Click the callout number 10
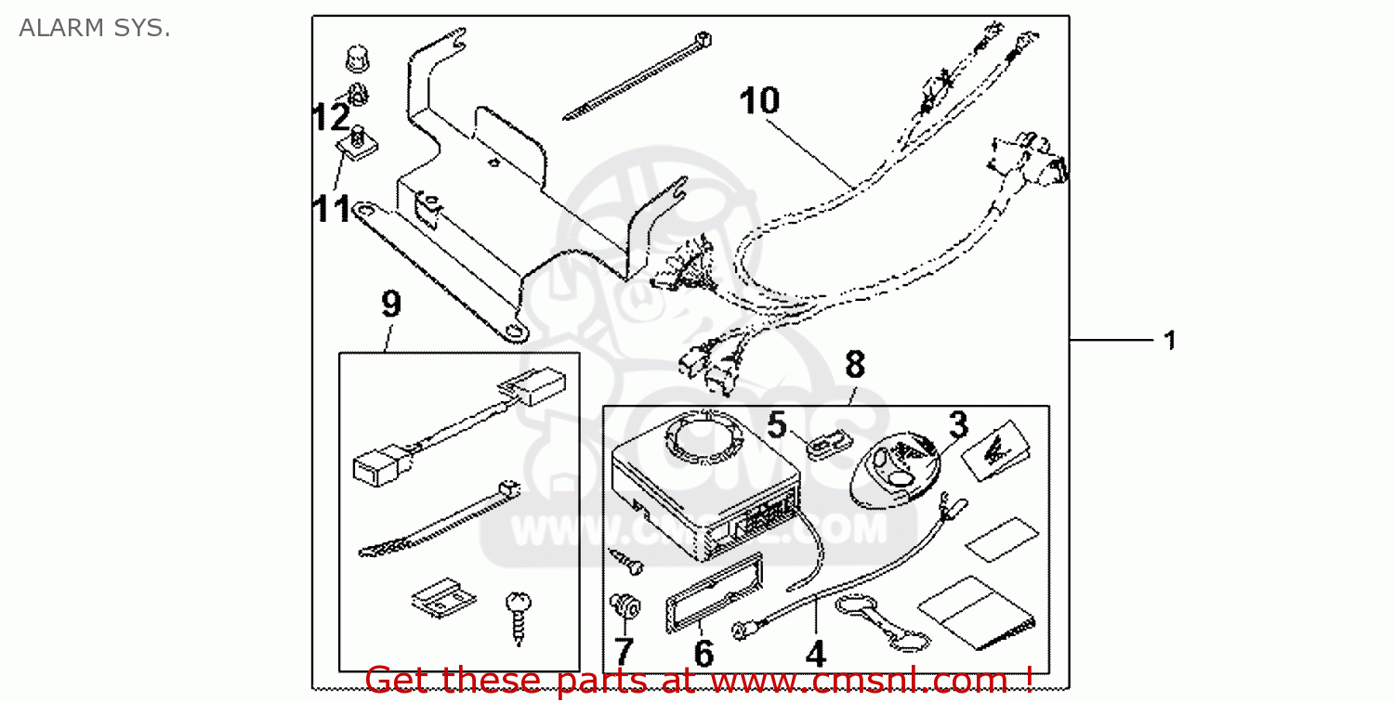pos(759,101)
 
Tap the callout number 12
pos(330,119)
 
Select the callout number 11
pos(332,210)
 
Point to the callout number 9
pos(391,305)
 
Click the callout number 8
pos(854,365)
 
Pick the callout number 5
pos(777,426)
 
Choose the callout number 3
pos(957,426)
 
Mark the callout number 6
pos(704,653)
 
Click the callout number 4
pos(815,654)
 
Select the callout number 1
pos(1170,341)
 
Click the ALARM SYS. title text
pos(94,29)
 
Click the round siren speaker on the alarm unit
pos(705,436)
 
